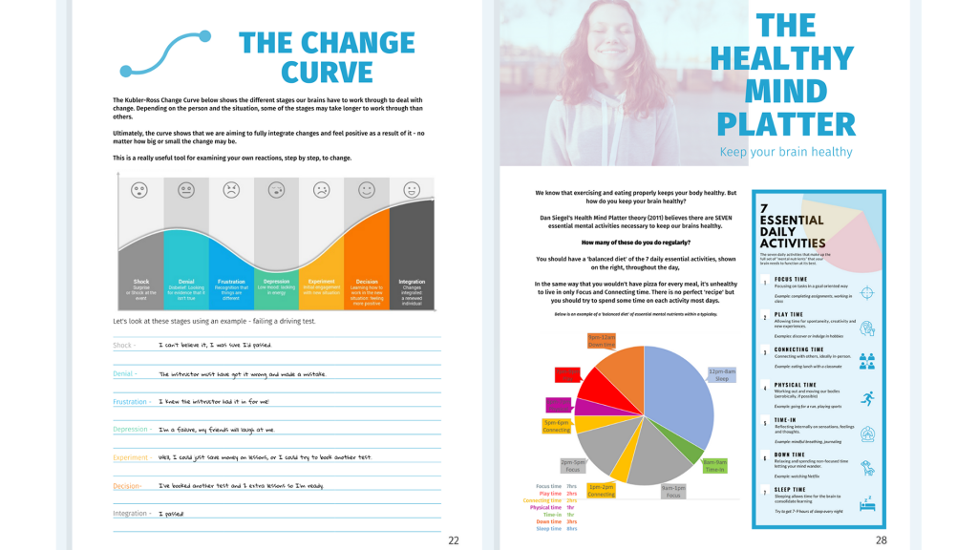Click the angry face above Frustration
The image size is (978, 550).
(231, 190)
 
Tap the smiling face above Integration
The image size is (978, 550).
(412, 190)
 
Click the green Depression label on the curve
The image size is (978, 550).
(276, 282)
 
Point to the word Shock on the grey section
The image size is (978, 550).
(139, 282)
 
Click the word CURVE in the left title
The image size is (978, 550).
(327, 73)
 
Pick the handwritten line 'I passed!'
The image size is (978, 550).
(175, 514)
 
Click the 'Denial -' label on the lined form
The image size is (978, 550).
(125, 373)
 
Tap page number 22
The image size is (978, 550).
(454, 539)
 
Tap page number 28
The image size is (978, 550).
(881, 539)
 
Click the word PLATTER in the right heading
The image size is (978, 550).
(785, 124)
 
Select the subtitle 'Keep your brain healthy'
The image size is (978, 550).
(785, 152)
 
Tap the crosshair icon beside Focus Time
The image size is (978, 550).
(866, 293)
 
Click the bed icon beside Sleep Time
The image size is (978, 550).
(866, 502)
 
